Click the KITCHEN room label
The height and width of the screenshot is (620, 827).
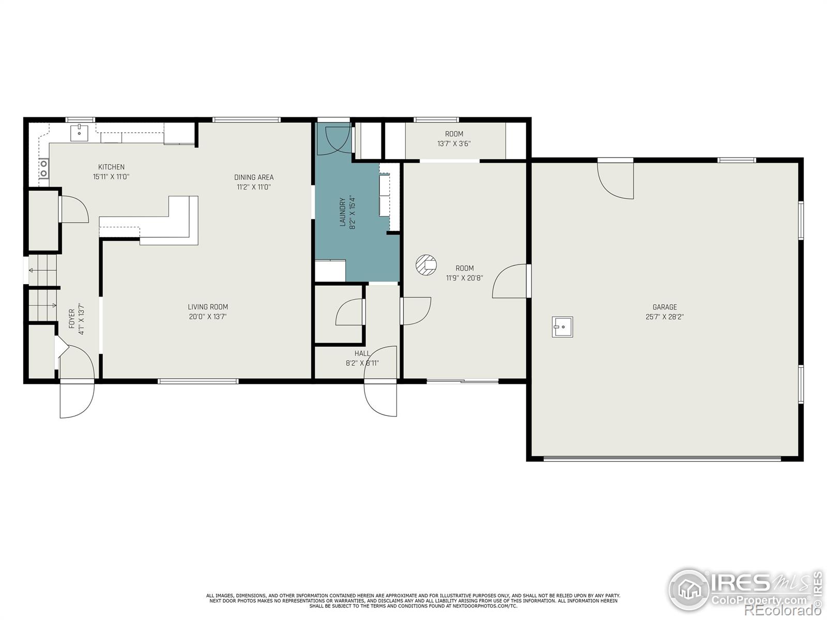pos(111,167)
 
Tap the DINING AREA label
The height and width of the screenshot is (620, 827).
pos(254,177)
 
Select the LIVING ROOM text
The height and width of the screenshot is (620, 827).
pos(208,307)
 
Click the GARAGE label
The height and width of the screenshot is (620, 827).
pos(664,307)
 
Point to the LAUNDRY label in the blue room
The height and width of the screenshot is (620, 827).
pos(342,212)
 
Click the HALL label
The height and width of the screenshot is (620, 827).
pos(362,353)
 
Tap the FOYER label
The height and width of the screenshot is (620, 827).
pos(72,319)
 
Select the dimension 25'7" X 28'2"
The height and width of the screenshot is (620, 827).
pos(664,317)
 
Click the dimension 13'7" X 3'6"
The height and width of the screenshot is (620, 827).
pos(454,144)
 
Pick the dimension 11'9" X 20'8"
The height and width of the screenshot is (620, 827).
pos(464,278)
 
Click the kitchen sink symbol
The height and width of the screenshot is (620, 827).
pos(79,132)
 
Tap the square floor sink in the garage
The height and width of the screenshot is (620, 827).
pos(562,327)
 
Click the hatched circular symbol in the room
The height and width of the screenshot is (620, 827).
pos(426,265)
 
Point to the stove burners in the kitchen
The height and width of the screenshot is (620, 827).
pos(44,167)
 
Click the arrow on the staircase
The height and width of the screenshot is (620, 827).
pos(32,270)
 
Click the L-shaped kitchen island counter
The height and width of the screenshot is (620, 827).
pos(176,222)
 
